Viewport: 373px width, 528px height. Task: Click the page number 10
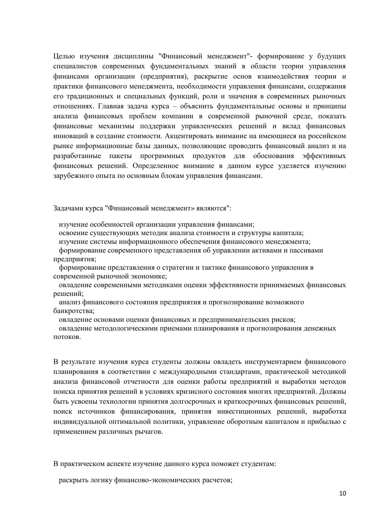pos(343,493)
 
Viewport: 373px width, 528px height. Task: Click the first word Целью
pos(63,56)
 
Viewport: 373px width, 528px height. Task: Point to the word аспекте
pos(119,464)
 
